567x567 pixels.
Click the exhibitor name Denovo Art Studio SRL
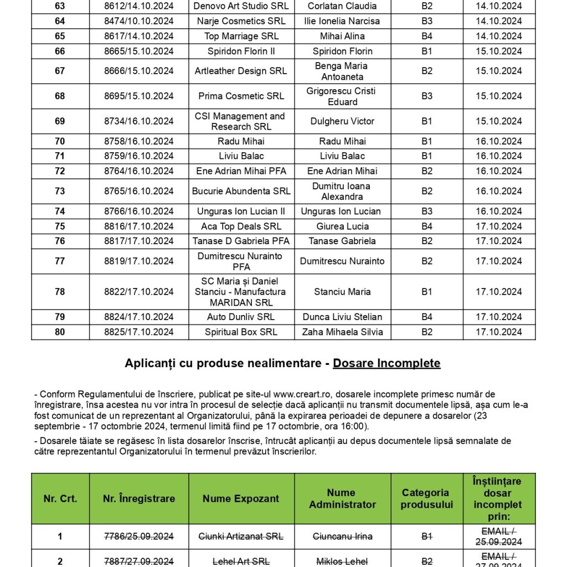[241, 6]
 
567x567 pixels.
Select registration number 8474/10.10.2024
[138, 21]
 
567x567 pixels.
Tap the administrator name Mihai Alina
[342, 36]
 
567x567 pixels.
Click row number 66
[60, 51]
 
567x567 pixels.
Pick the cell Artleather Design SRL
[241, 71]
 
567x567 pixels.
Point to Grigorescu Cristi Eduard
[342, 96]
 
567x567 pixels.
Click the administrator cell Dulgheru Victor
[342, 121]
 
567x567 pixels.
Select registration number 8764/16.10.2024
[138, 171]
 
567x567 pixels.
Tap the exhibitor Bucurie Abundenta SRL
[241, 191]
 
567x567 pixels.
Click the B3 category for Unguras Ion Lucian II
[426, 211]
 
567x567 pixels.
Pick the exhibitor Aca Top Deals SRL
[241, 226]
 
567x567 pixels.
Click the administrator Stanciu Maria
[342, 291]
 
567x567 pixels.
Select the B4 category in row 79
[426, 317]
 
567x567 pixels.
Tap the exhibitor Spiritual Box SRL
[241, 332]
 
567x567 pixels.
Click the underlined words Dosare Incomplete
[386, 363]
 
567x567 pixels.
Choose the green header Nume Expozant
[241, 498]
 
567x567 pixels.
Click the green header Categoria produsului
[426, 498]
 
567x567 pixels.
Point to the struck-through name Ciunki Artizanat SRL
[241, 536]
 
